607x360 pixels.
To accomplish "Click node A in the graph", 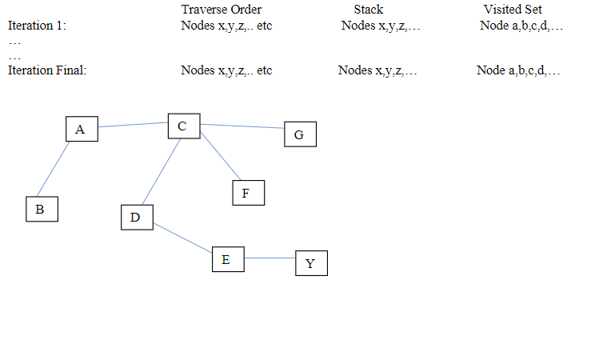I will click(81, 129).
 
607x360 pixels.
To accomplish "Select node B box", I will click(41, 209).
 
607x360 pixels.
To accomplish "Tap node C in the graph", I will click(183, 126).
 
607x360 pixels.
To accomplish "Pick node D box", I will click(136, 217).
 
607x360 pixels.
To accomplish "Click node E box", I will click(227, 259).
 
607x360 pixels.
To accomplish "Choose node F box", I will click(247, 193).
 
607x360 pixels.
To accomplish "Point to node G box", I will click(300, 134).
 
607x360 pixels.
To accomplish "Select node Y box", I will click(311, 263).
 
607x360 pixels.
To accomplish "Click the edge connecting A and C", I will click(132, 125).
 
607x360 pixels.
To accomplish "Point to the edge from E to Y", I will click(269, 258).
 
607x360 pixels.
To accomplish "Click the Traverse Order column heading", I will click(222, 10).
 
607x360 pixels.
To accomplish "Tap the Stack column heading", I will click(369, 10).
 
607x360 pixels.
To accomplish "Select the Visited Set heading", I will click(513, 10).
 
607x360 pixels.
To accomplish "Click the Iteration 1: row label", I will click(37, 26).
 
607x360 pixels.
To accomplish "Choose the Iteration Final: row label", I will click(47, 70).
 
